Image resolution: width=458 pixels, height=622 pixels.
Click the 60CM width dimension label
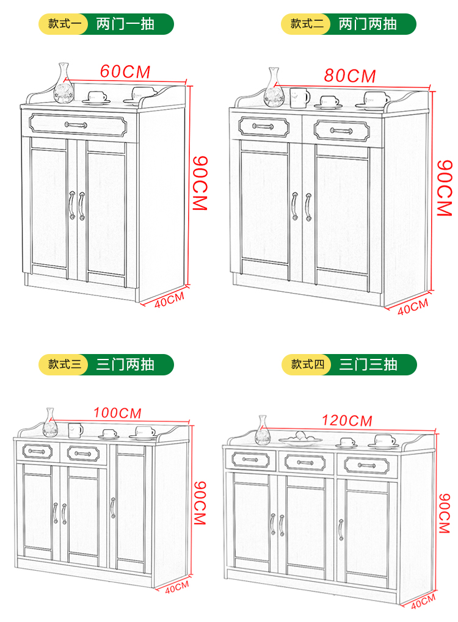125,71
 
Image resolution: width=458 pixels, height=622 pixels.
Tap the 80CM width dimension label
350,76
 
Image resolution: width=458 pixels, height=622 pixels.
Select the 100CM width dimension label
117,413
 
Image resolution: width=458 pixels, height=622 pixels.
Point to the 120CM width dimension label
347,421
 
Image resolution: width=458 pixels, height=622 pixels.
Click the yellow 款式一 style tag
64,24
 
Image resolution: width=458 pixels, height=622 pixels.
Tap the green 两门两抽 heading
368,24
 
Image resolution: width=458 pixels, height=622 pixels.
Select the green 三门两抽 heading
125,364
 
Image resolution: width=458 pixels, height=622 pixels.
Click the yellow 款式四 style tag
307,364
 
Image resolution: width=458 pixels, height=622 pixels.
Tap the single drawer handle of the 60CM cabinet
76,125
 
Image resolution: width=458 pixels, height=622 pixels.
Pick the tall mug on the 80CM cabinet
300,98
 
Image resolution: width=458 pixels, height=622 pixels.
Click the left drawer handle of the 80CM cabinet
263,126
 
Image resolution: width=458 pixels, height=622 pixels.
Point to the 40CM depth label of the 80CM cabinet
413,307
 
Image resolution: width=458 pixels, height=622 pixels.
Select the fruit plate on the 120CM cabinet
300,438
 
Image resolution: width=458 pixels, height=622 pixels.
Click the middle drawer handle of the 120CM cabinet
305,463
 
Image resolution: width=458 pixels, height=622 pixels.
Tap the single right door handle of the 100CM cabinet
113,508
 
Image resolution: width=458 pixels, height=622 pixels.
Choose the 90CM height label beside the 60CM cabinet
200,183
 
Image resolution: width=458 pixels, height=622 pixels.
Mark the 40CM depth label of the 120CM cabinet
423,601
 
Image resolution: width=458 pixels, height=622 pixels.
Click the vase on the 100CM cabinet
50,423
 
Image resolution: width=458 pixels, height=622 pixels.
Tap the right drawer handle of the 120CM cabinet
366,465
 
